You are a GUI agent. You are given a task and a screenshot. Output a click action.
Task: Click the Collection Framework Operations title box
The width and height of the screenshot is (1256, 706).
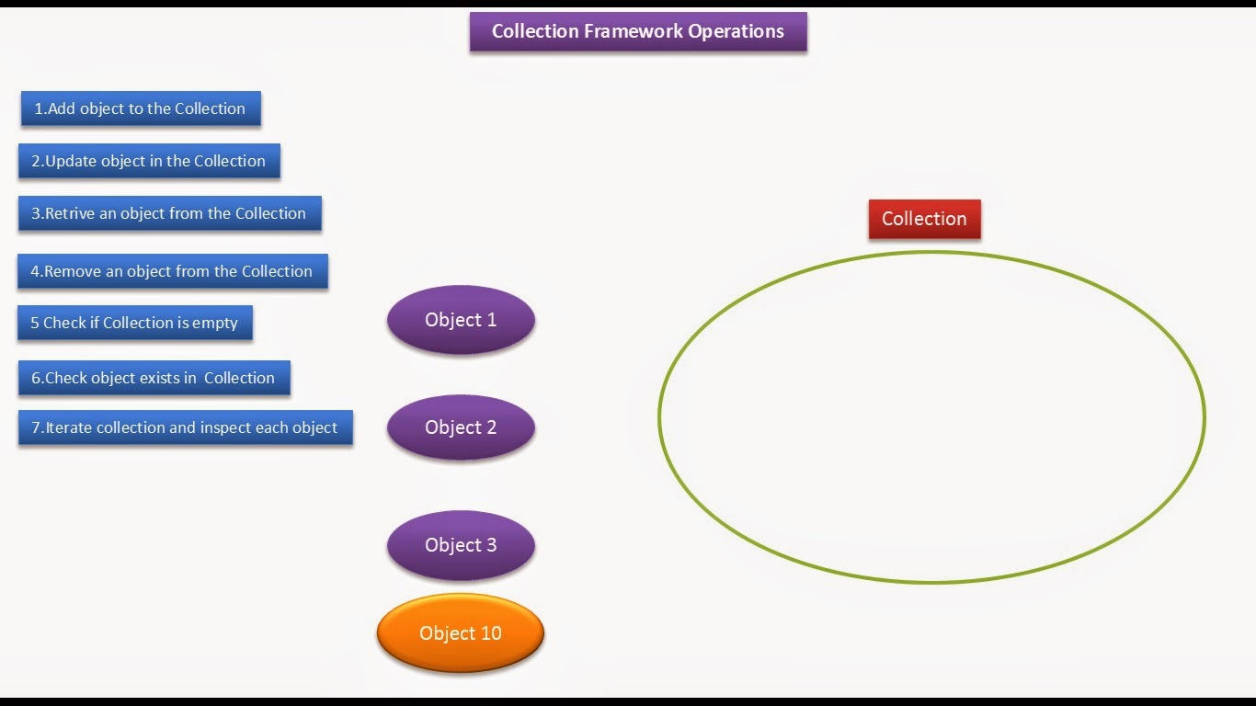click(638, 31)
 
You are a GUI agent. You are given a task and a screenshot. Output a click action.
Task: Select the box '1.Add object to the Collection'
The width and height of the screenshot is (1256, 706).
click(141, 108)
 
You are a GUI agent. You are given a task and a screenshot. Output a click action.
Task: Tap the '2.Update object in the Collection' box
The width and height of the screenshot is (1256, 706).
click(149, 161)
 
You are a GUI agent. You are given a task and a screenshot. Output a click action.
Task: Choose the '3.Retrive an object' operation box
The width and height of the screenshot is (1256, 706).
click(169, 213)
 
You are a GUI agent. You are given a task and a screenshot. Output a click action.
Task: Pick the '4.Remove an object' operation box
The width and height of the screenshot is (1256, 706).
click(172, 271)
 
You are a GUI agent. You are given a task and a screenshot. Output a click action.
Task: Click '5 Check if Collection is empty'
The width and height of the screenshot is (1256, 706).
click(134, 323)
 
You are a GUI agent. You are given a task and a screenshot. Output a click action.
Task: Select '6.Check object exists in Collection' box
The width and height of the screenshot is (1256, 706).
click(154, 378)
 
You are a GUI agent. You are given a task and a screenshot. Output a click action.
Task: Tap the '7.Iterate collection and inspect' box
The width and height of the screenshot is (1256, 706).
click(185, 427)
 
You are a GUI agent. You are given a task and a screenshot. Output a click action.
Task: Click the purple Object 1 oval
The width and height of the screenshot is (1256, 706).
click(461, 320)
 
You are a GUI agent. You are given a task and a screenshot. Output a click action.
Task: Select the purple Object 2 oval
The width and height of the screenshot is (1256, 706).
click(461, 427)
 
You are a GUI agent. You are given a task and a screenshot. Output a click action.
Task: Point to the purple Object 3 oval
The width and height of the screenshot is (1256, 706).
click(461, 545)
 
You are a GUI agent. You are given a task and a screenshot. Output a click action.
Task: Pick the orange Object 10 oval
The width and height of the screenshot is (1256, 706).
click(461, 633)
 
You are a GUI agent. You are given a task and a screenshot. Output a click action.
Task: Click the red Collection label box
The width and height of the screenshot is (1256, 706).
click(924, 219)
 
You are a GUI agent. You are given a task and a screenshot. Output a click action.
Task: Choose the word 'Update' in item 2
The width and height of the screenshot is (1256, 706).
click(71, 161)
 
